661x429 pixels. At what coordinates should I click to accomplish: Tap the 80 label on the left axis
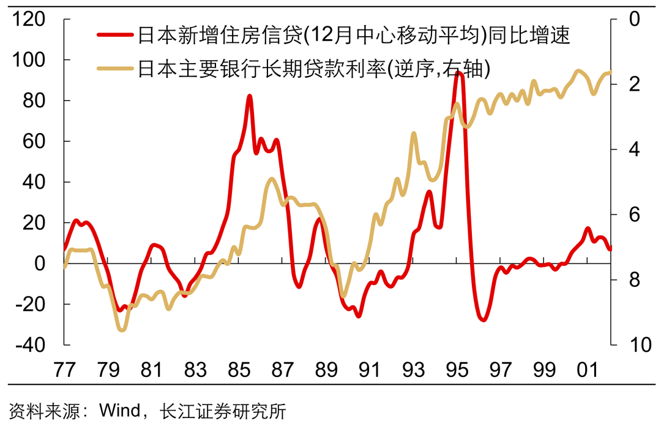(x=35, y=101)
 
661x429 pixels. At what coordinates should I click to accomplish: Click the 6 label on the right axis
(x=632, y=214)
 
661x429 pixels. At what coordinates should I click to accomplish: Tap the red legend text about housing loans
(x=354, y=35)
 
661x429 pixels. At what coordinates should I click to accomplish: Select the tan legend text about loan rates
(x=314, y=68)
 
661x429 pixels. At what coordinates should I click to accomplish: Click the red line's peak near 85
(x=250, y=96)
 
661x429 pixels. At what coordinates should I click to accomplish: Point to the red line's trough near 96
(x=484, y=320)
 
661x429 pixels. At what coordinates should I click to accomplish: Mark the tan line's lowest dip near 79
(x=122, y=330)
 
